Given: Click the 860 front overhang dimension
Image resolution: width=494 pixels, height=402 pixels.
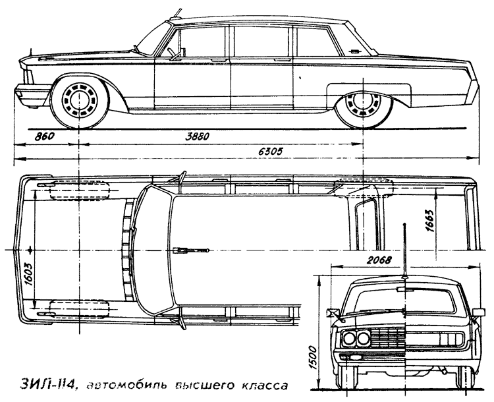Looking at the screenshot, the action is (44, 136).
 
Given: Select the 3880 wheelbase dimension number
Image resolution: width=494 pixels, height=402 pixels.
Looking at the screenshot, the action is (198, 136).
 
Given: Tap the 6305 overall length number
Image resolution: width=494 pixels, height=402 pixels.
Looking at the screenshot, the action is (271, 151).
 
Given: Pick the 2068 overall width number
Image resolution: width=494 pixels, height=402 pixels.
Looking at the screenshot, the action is (379, 261).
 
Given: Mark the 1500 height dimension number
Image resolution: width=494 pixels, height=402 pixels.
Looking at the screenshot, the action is (313, 358).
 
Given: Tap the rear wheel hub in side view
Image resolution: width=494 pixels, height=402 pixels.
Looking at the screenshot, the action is (362, 101).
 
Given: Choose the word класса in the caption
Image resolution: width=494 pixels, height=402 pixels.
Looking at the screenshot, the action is (265, 386).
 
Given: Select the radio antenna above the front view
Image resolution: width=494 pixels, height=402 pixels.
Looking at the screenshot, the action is (404, 251).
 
